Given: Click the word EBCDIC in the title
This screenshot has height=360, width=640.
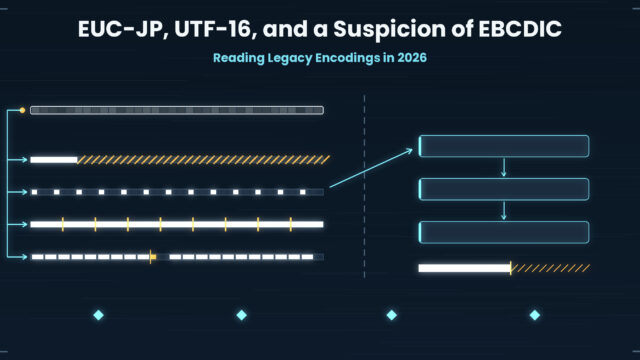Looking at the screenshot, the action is (520, 29).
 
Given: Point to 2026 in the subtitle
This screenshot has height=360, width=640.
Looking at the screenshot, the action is (412, 58).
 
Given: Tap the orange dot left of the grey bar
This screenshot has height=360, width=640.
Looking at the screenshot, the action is (22, 110).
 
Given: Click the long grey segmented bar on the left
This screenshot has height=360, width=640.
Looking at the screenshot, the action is (177, 110).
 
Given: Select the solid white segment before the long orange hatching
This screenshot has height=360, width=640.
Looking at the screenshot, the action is (54, 160).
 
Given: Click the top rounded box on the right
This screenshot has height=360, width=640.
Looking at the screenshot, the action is (504, 146).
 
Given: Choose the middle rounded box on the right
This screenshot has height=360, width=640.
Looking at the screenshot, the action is (504, 189).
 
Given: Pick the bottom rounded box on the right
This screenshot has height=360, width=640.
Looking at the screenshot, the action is (504, 232).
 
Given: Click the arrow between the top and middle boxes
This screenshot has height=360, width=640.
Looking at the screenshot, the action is (504, 167).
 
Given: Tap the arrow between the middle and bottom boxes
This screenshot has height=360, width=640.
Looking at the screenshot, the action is (504, 211).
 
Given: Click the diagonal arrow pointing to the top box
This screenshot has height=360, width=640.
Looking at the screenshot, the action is (371, 168).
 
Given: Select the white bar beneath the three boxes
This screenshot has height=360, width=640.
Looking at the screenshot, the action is (464, 268).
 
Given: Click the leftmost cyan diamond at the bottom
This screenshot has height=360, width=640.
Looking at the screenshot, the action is (98, 315).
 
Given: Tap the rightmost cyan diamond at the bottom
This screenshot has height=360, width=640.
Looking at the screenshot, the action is (535, 315).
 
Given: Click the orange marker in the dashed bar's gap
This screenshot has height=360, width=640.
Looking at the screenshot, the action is (152, 257).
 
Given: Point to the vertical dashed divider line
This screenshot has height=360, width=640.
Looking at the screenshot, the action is (364, 187).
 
